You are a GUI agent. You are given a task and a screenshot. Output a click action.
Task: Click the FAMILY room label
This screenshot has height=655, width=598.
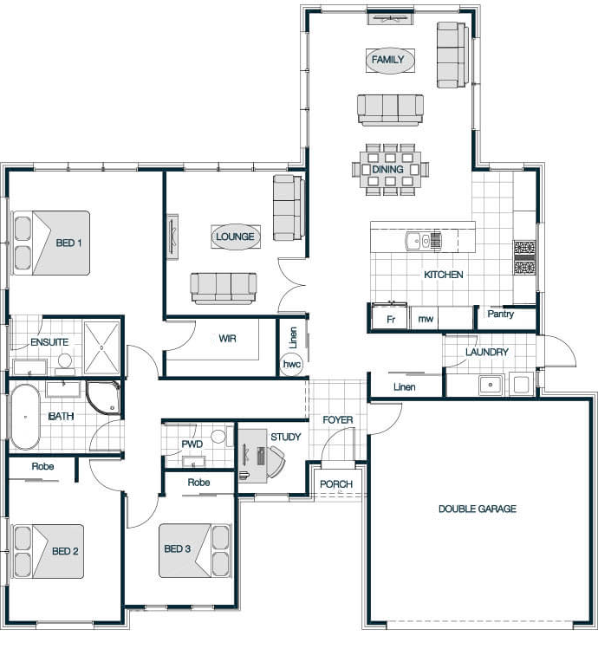387,60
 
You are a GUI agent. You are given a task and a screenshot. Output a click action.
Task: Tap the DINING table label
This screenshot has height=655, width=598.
387,169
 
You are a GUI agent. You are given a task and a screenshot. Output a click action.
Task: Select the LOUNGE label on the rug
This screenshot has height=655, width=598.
235,237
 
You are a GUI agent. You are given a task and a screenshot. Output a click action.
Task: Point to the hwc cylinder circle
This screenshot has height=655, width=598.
292,364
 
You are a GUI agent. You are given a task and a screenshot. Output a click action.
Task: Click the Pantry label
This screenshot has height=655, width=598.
501,315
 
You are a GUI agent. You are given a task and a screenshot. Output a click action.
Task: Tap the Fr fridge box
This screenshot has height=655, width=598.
389,318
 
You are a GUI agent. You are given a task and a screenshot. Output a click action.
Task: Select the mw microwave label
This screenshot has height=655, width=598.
426,319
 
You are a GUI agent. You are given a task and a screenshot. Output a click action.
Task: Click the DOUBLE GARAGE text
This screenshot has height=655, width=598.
478,509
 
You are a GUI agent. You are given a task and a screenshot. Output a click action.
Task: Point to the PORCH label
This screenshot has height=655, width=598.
336,484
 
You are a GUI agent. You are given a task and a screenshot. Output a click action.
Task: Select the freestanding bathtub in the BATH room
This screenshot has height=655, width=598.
25,417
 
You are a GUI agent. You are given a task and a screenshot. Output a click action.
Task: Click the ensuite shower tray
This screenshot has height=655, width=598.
101,347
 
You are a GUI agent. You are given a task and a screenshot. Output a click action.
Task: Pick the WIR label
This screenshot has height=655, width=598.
227,339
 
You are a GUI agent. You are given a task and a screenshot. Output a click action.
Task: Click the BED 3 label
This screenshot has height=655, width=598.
177,548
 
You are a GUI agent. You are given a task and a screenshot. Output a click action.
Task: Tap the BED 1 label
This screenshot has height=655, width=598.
68,243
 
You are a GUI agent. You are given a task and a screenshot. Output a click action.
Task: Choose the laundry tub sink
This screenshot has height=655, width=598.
491,385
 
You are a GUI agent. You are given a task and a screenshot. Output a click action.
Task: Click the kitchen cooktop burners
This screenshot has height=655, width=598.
525,257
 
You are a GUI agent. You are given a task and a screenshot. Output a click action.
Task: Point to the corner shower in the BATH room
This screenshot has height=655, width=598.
103,398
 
